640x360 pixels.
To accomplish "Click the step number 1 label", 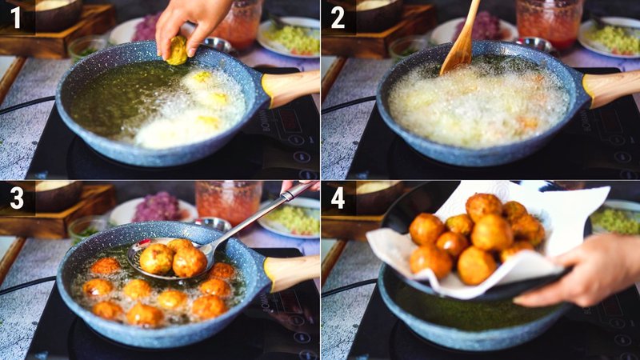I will [x=16, y=17].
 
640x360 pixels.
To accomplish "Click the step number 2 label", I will [x=338, y=17].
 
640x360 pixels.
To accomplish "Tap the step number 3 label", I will [x=16, y=198].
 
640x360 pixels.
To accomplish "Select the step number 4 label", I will [x=338, y=198].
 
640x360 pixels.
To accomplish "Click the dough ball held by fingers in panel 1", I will [x=177, y=51].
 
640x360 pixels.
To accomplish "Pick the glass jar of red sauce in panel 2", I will [x=548, y=22].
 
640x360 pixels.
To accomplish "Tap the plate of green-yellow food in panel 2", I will [x=612, y=37].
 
